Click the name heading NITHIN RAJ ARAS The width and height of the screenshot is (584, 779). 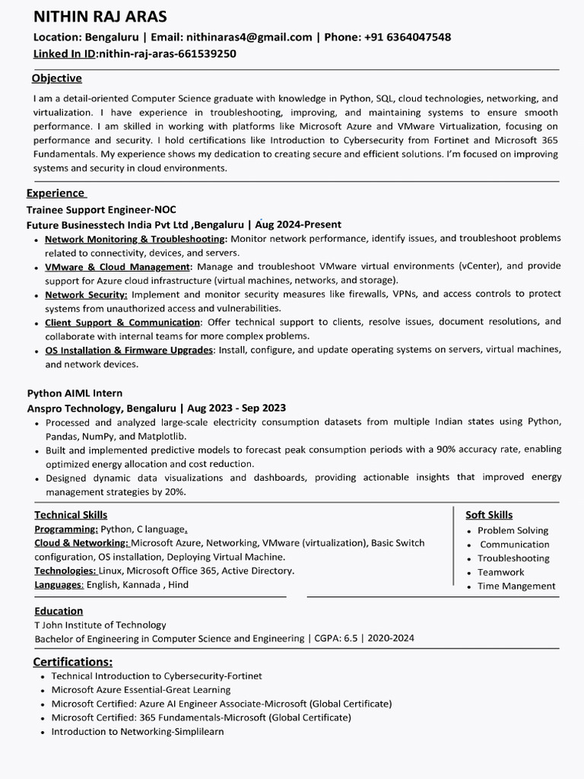coord(100,17)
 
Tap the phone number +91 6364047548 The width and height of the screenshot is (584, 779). coord(408,37)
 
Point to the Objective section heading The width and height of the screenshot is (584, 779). coord(57,78)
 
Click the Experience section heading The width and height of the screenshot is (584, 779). coord(56,193)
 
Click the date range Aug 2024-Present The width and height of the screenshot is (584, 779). coord(298,224)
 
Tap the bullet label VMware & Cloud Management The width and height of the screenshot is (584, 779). coord(117,267)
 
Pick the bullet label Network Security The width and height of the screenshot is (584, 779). coord(86,294)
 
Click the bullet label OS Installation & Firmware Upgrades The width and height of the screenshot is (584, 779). coord(129,350)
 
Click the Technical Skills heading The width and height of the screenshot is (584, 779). coord(71,515)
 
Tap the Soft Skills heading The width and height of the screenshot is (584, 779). coord(489,515)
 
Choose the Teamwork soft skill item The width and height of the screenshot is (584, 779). coord(500,572)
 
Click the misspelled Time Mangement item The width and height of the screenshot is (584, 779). coord(516,586)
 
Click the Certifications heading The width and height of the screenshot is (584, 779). coord(73,661)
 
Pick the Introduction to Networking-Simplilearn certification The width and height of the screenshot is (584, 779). coord(138,731)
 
